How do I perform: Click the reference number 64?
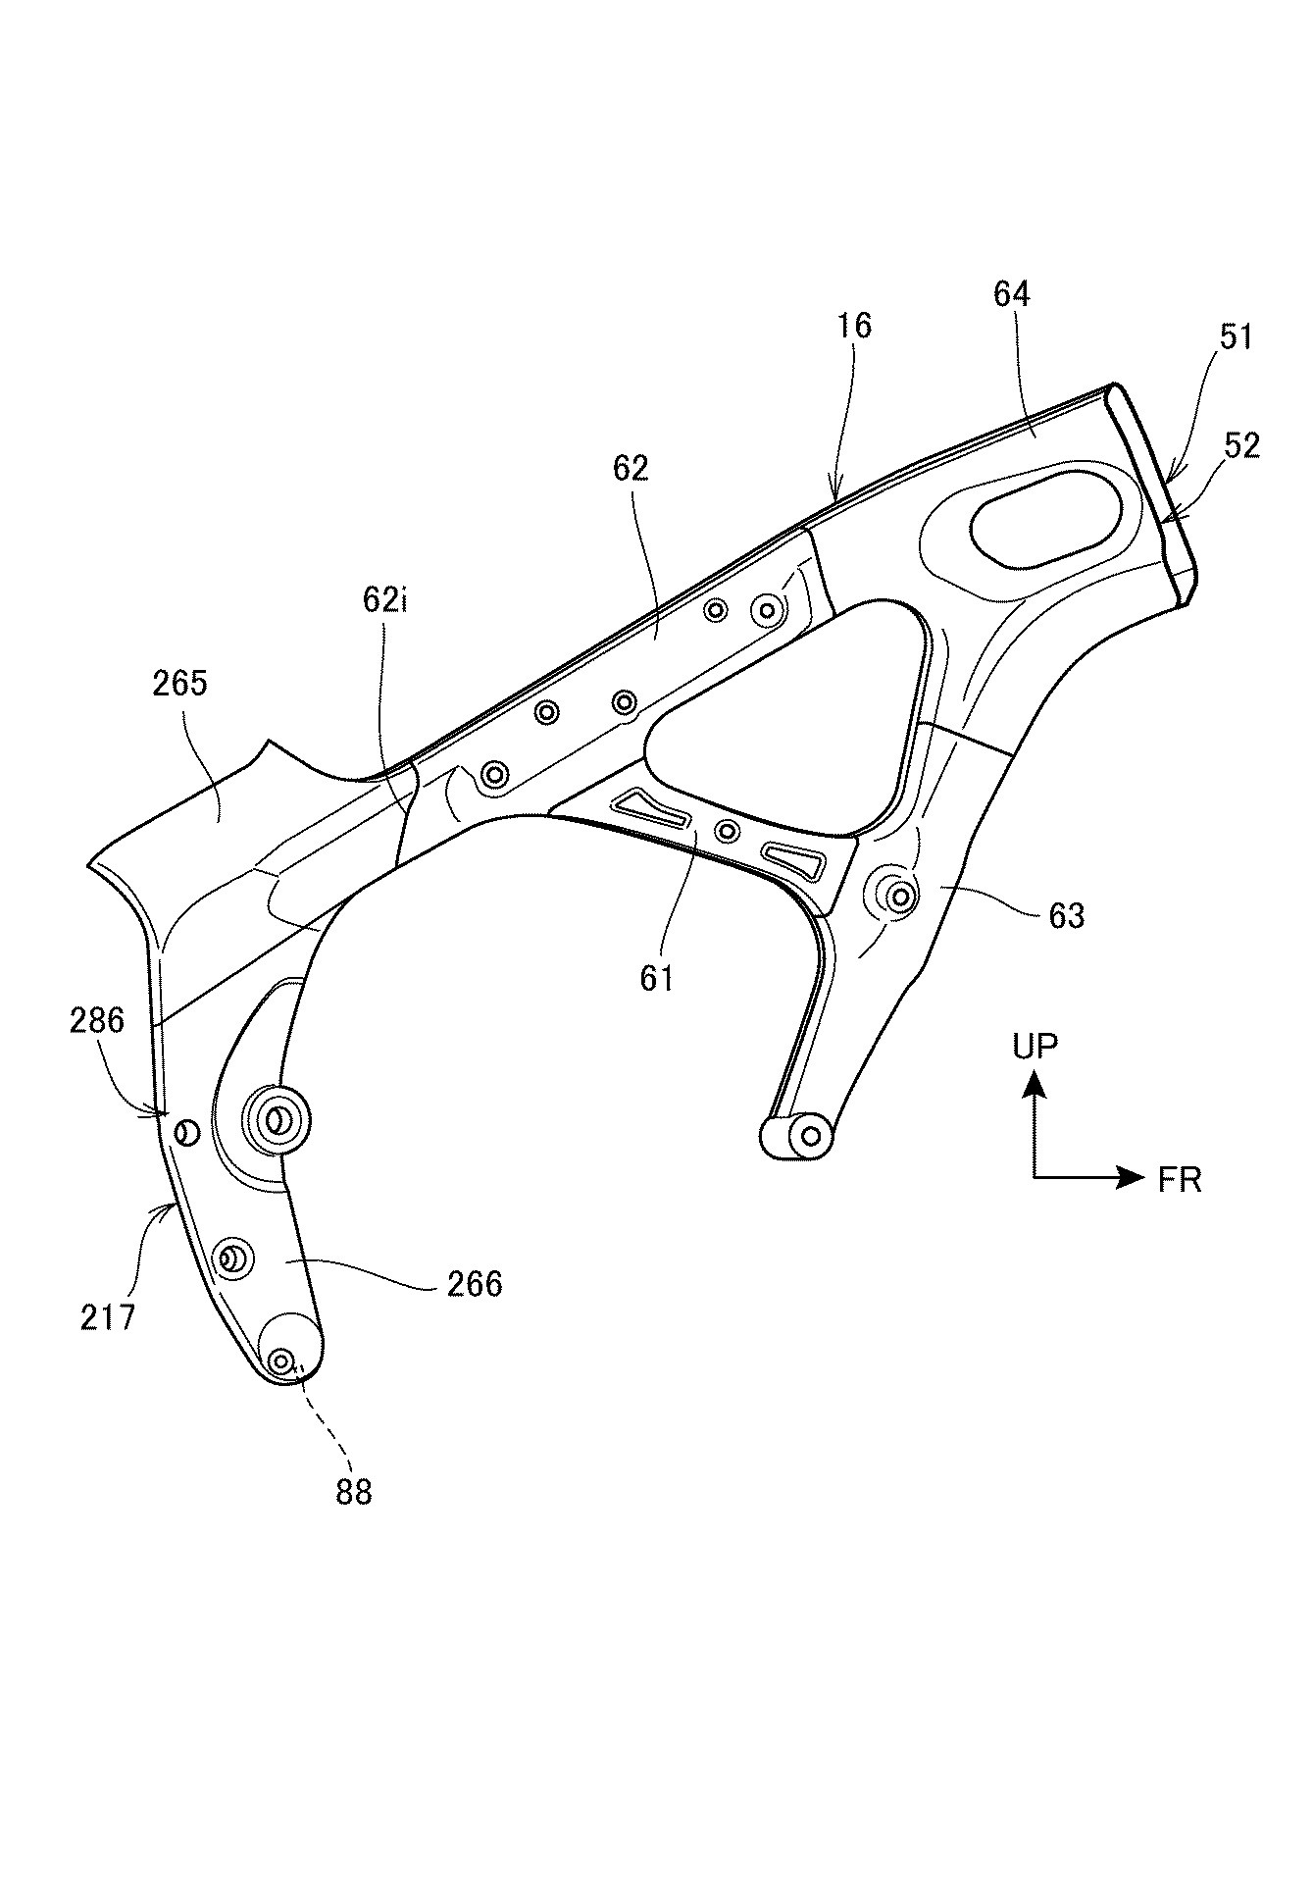point(1012,294)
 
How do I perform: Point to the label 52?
point(1241,445)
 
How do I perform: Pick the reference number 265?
point(180,683)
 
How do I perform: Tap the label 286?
point(97,1020)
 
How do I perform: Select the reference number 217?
point(108,1316)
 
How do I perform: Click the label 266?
point(475,1284)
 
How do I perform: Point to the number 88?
point(354,1492)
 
